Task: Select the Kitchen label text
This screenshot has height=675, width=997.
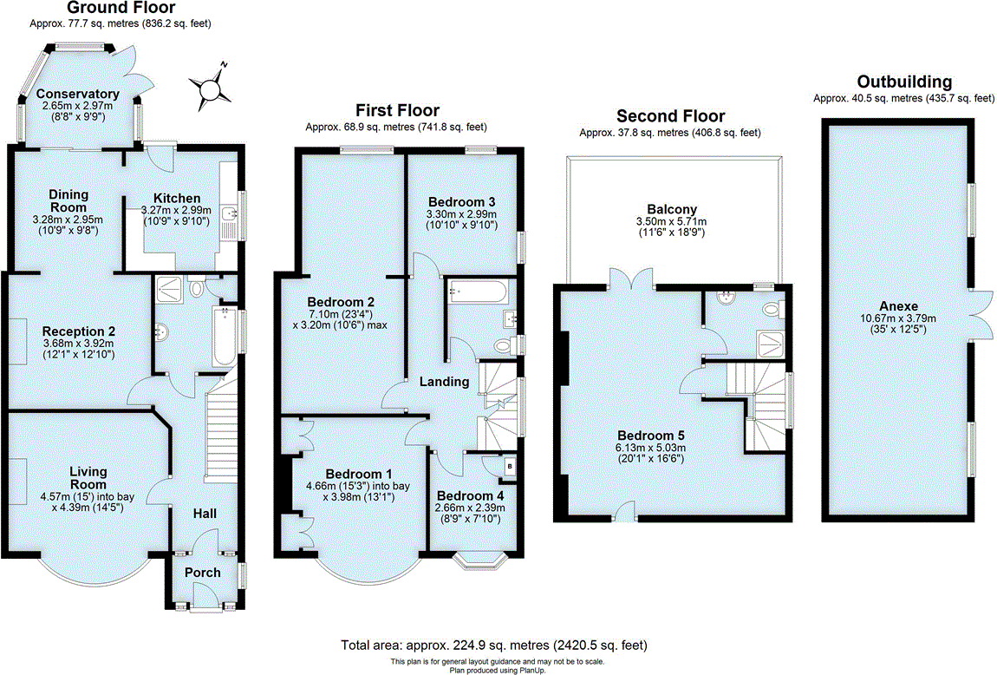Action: pyautogui.click(x=177, y=199)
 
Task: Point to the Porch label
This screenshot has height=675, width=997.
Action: pyautogui.click(x=203, y=573)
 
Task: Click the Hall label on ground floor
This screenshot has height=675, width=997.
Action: pyautogui.click(x=205, y=514)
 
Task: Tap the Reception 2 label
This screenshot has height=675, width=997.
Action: pyautogui.click(x=79, y=331)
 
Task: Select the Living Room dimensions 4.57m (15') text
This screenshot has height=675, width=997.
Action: pyautogui.click(x=88, y=496)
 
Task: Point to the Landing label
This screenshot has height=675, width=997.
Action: pyautogui.click(x=445, y=382)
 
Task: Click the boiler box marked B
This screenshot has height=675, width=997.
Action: pyautogui.click(x=509, y=467)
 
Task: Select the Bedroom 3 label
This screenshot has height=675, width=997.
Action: pyautogui.click(x=460, y=202)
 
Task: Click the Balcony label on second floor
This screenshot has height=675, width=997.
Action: pyautogui.click(x=672, y=209)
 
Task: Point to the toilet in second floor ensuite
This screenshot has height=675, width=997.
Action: pyautogui.click(x=771, y=308)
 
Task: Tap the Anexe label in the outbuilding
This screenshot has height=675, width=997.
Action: pyautogui.click(x=896, y=306)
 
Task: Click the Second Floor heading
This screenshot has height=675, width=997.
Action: pyautogui.click(x=670, y=116)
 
